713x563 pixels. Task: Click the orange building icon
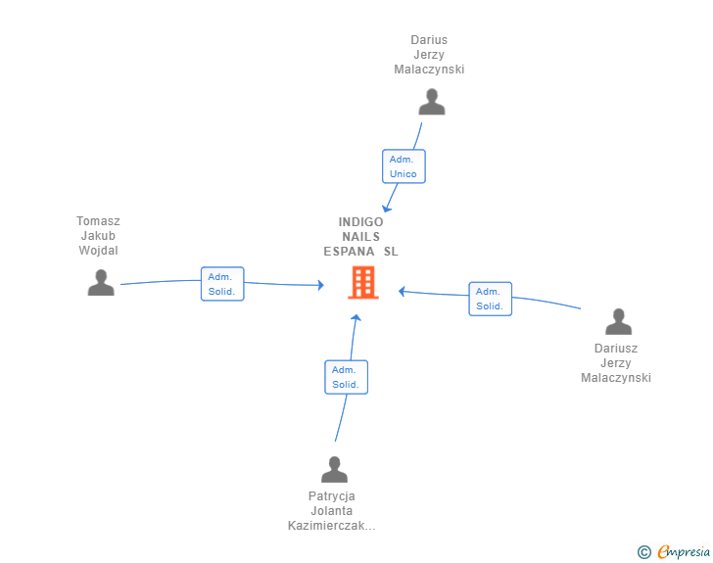363,283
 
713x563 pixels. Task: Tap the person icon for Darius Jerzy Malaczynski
431,102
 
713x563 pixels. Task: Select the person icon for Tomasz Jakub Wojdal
101,283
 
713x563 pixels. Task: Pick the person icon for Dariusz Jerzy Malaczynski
618,321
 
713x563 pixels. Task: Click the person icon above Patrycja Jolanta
334,469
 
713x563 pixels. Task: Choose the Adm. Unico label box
404,166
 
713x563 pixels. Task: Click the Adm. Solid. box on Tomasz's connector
222,284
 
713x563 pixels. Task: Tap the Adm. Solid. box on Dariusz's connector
490,299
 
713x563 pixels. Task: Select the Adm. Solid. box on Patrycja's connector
346,377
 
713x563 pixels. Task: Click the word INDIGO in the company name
361,221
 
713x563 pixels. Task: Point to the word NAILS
361,236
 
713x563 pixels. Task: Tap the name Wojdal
98,250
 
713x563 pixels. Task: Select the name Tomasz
98,221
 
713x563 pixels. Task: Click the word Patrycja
332,495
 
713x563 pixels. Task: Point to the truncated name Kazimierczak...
332,526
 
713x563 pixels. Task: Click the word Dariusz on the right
616,348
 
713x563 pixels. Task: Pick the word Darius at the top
429,40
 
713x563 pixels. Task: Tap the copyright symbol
643,552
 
